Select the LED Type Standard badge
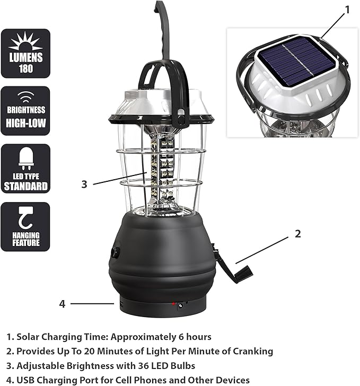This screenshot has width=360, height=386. point(25,168)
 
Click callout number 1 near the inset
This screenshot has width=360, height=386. point(347,9)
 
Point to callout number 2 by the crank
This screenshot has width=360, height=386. point(297,233)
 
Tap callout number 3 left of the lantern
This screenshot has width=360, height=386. point(84,184)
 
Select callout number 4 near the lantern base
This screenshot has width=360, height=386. point(62,304)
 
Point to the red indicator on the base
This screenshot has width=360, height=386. point(173,304)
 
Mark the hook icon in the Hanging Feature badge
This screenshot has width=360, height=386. point(25,218)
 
